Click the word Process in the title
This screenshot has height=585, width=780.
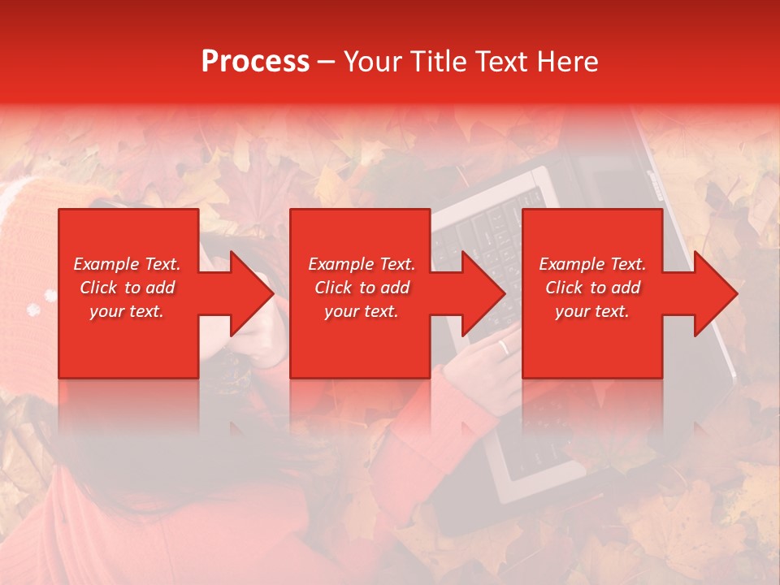[x=255, y=62]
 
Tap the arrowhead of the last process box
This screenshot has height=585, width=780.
[x=714, y=293]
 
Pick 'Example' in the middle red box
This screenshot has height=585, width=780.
[x=340, y=264]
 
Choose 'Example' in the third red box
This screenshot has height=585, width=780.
[x=571, y=264]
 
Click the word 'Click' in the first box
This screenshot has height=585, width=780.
[x=99, y=288]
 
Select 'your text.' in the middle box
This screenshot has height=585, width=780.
[x=361, y=311]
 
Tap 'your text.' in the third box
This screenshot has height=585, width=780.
[x=591, y=311]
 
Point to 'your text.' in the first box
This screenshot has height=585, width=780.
[x=126, y=311]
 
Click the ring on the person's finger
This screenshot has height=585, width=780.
[x=504, y=348]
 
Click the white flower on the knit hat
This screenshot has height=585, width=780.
[x=33, y=310]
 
